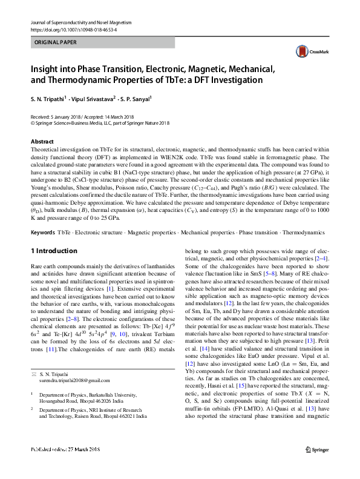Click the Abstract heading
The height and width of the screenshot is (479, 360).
42,140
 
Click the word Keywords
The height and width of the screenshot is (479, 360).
42,233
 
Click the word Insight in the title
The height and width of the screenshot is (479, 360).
48,68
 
